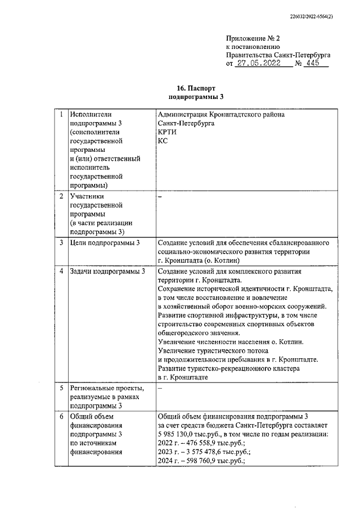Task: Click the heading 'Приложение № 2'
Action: tap(251, 37)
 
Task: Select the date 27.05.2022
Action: tap(260, 64)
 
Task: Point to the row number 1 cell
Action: tap(60, 115)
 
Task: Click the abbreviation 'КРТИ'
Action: tap(168, 132)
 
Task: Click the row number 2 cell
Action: tap(60, 197)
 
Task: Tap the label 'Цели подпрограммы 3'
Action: tap(105, 243)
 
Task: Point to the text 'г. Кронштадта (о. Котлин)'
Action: tap(199, 261)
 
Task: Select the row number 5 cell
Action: tap(60, 388)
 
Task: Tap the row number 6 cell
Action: tap(60, 417)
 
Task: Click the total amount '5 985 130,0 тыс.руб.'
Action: tap(189, 434)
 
